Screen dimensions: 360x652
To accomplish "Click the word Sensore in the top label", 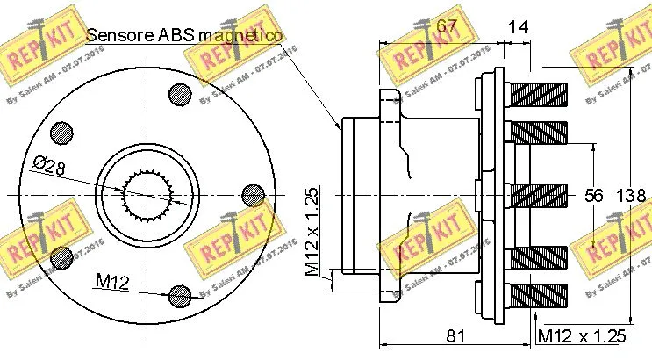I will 120,35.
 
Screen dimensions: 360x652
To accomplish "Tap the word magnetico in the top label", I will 239,35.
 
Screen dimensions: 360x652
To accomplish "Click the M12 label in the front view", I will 113,281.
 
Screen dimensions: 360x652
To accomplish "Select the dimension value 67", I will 447,26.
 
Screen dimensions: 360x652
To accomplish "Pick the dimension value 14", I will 519,26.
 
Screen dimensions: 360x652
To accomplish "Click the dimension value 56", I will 594,195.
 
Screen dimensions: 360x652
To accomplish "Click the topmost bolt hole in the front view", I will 179,90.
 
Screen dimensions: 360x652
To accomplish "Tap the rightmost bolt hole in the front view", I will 252,193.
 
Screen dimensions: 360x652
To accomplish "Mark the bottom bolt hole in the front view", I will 179,294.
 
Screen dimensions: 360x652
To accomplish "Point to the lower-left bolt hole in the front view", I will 61,256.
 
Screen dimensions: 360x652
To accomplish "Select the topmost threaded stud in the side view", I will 538,90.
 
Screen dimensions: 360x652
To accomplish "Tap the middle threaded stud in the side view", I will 538,195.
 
